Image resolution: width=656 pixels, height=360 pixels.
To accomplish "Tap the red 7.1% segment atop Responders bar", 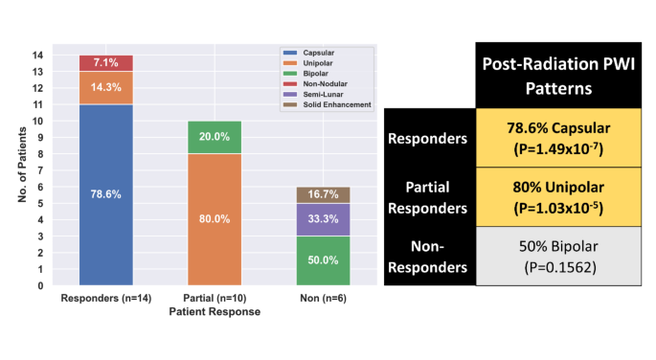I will click(105, 63).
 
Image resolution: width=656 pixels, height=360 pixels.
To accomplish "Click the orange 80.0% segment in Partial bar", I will click(214, 219).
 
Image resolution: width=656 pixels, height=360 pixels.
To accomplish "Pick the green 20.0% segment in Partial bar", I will click(214, 137).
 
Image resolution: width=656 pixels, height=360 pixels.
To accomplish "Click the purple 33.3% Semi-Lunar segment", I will click(322, 219).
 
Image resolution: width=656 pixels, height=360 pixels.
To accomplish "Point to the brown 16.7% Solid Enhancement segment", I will click(322, 194).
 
